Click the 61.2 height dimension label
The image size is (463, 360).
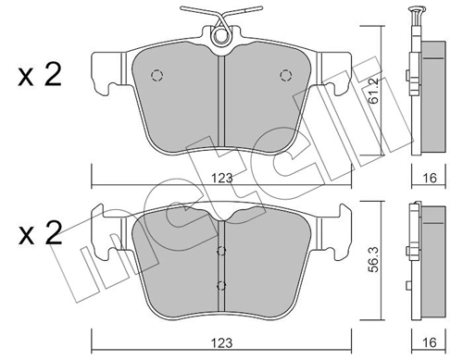click(375, 90)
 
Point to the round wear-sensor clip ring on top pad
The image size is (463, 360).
click(220, 36)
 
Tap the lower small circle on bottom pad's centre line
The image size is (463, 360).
click(220, 286)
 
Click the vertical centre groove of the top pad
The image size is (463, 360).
click(220, 102)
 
